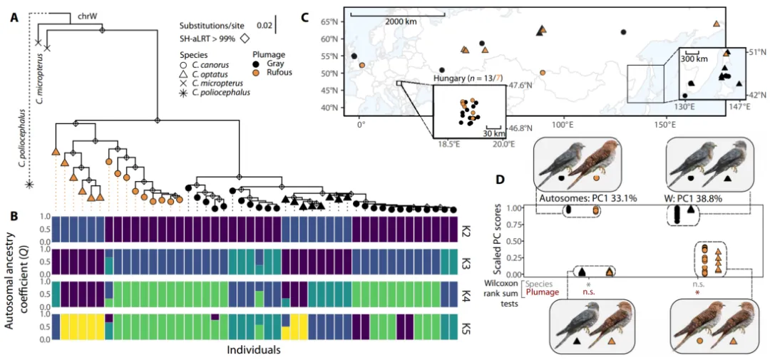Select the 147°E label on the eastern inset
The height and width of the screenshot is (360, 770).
coord(739,106)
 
